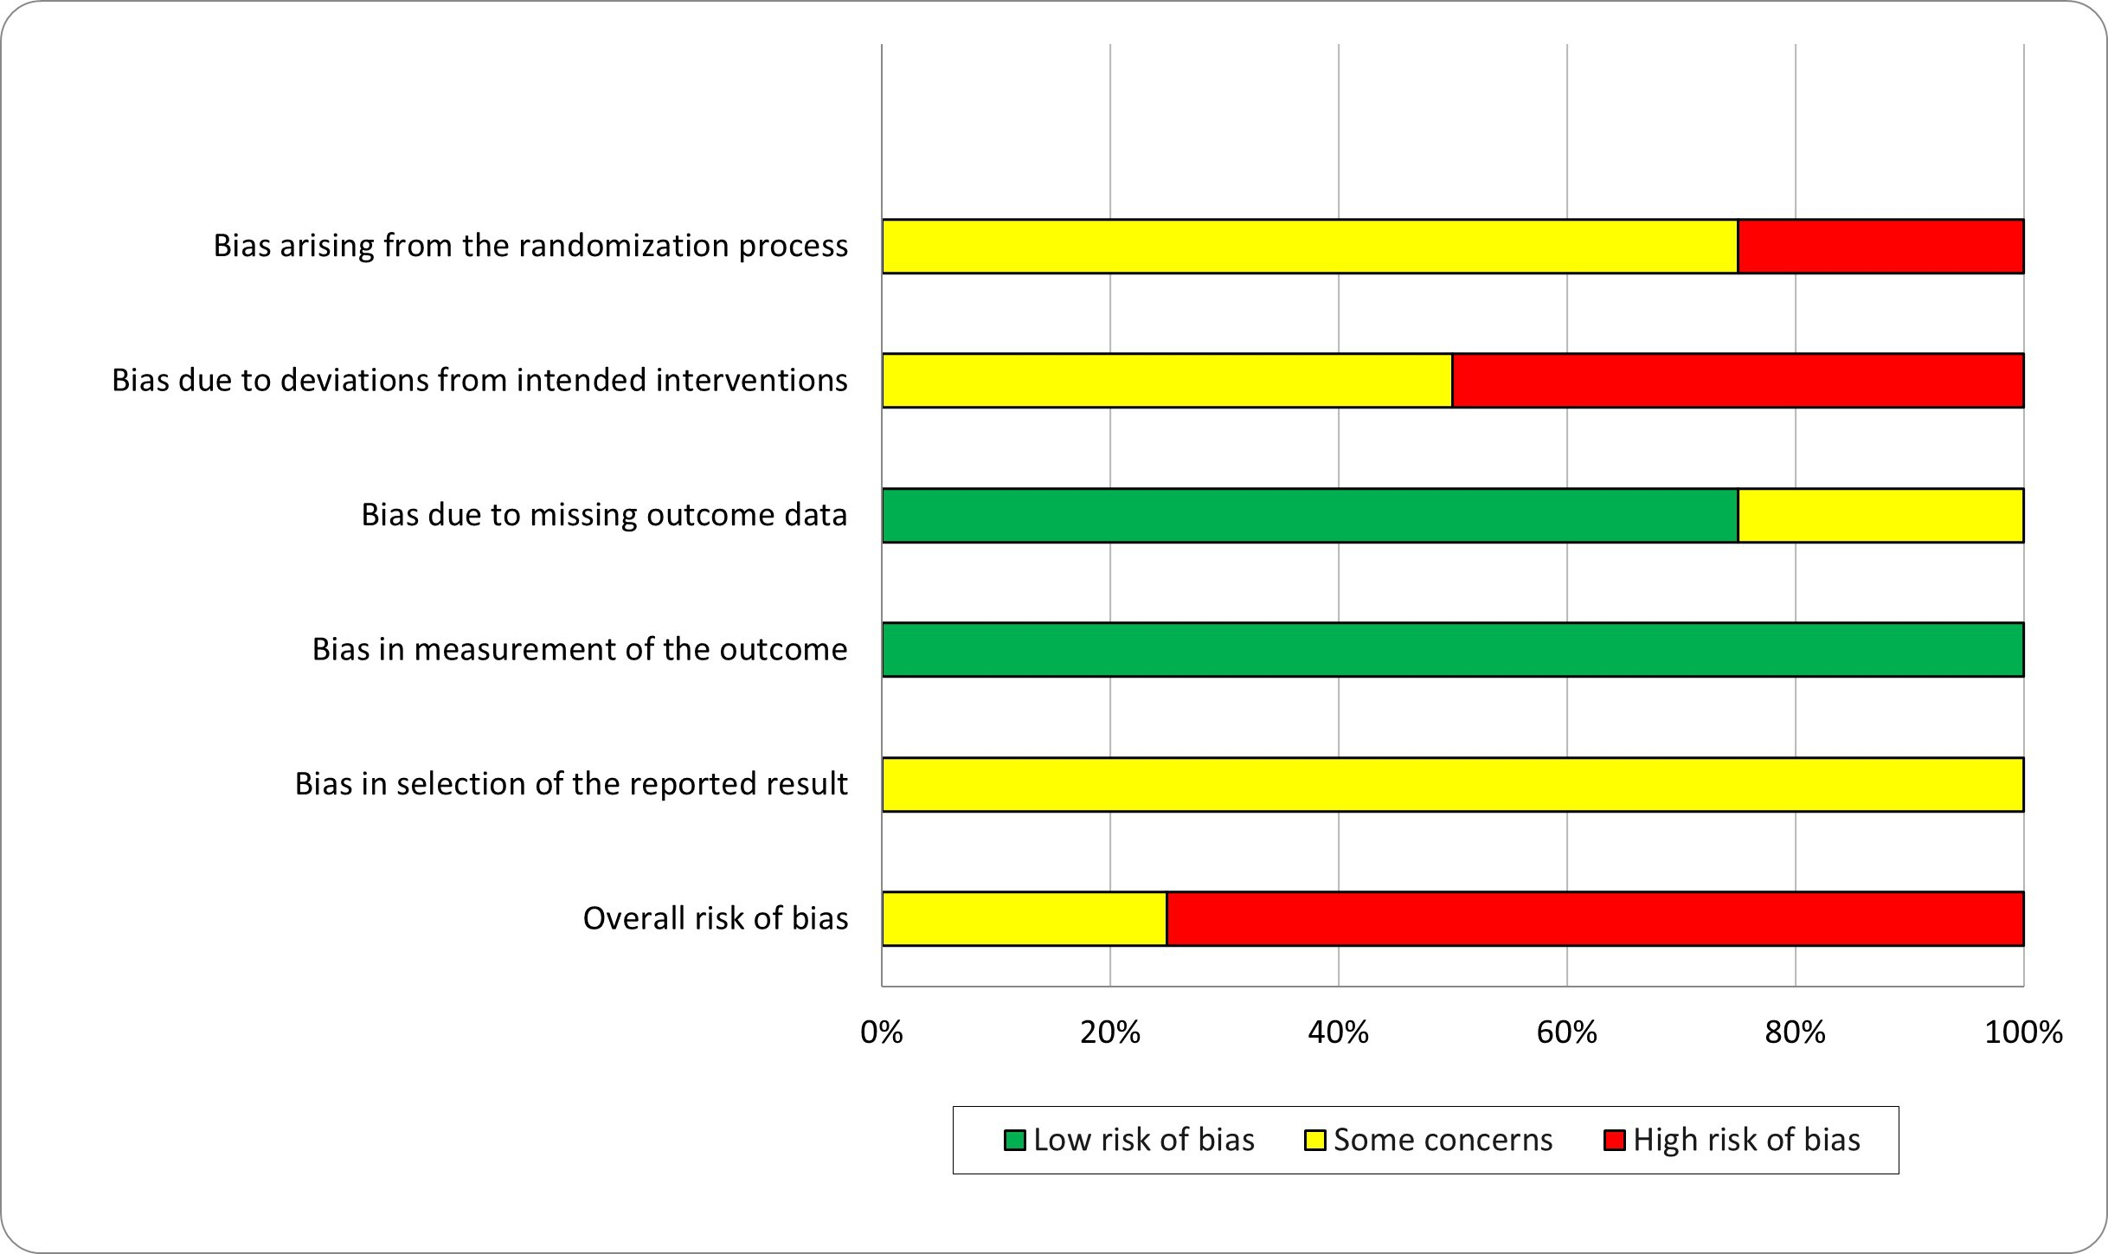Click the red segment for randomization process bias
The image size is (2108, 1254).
pyautogui.click(x=1880, y=247)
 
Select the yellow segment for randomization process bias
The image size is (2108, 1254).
pyautogui.click(x=1310, y=247)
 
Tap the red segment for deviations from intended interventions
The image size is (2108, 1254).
pyautogui.click(x=1738, y=381)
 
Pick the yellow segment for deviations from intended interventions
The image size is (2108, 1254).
pyautogui.click(x=1167, y=381)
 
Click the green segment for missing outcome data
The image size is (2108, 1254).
pyautogui.click(x=1310, y=516)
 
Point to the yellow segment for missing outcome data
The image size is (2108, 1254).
pyautogui.click(x=1880, y=516)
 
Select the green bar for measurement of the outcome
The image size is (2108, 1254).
pyautogui.click(x=1453, y=650)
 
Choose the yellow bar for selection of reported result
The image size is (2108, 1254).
pyautogui.click(x=1453, y=785)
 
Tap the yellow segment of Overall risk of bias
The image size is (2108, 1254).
pyautogui.click(x=1025, y=919)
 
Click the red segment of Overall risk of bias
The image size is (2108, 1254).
pyautogui.click(x=1595, y=919)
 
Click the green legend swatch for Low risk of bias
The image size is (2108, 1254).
pyautogui.click(x=1015, y=1141)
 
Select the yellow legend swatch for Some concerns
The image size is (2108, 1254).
pyautogui.click(x=1315, y=1141)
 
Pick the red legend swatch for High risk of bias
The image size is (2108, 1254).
pyautogui.click(x=1615, y=1141)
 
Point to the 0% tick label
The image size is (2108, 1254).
pyautogui.click(x=882, y=1032)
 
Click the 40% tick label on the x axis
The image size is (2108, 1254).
pyautogui.click(x=1339, y=1032)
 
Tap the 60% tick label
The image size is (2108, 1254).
pyautogui.click(x=1567, y=1032)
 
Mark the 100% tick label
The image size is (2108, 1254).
pyautogui.click(x=2024, y=1032)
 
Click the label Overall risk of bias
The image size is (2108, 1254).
pyautogui.click(x=716, y=918)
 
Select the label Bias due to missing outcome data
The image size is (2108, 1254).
pyautogui.click(x=604, y=515)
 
